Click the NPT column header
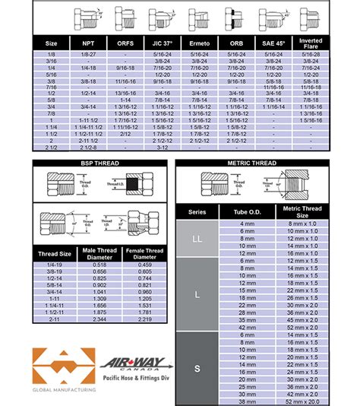pos(87,44)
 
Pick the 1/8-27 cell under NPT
pos(87,55)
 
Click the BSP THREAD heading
pos(99,163)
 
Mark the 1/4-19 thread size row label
pos(55,265)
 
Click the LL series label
pos(197,239)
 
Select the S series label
pos(197,368)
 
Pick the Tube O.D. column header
pos(248,212)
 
